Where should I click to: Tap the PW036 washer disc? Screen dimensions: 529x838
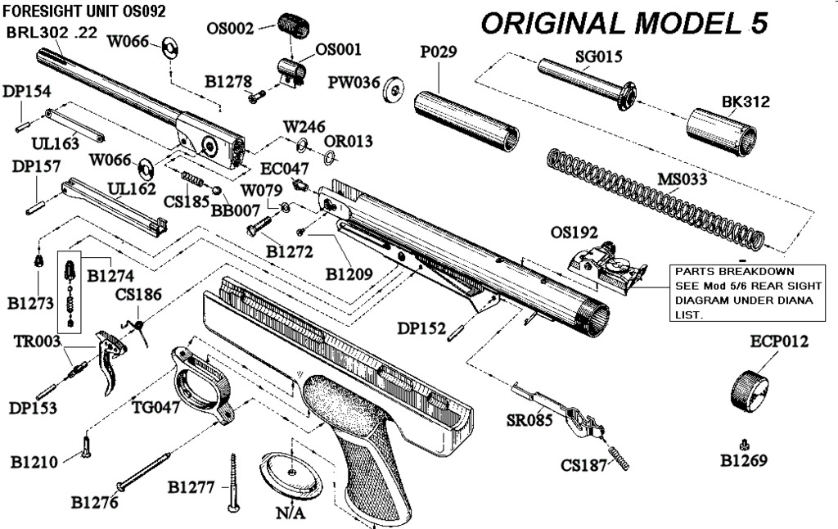(x=395, y=87)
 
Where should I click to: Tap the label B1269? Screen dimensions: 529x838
(x=744, y=461)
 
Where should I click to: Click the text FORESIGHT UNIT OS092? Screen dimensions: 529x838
(x=85, y=11)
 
